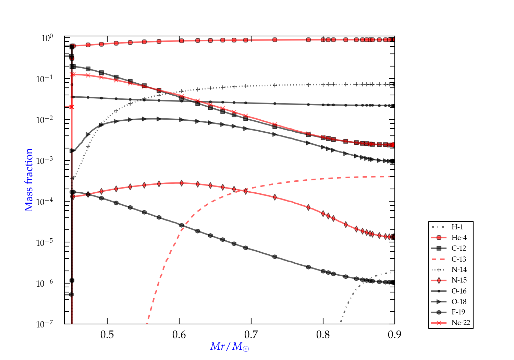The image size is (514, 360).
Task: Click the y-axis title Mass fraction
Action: tap(29, 180)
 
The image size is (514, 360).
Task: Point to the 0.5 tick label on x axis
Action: tap(107, 334)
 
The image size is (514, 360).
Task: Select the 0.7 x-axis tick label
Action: tap(251, 334)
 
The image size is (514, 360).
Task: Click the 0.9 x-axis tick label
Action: tap(395, 334)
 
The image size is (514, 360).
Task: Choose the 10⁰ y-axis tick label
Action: tap(48, 38)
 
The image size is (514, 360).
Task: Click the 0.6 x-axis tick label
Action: tap(179, 334)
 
